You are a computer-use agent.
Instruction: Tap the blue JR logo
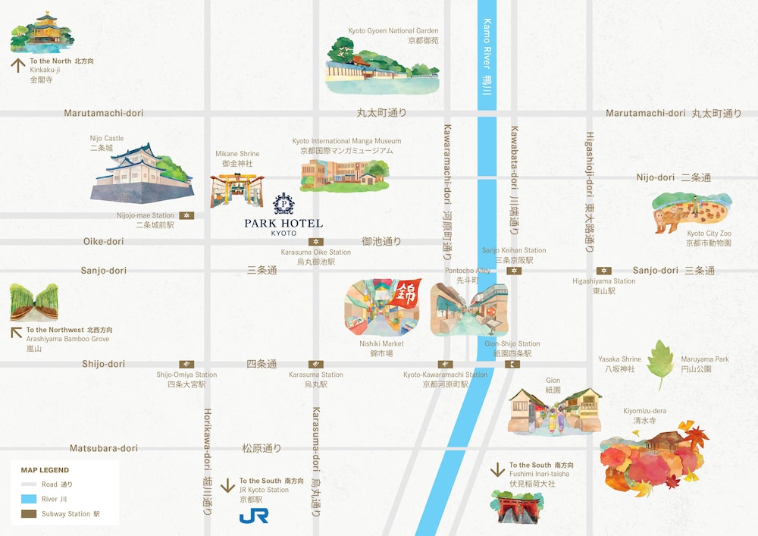click(x=253, y=516)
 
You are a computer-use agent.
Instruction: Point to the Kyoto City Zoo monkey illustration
click(x=692, y=212)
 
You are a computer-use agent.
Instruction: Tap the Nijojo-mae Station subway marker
click(x=186, y=215)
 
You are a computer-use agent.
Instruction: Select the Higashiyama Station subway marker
click(x=603, y=271)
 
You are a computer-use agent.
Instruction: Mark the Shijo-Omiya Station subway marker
click(x=186, y=364)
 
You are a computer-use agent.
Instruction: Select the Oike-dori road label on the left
click(x=103, y=241)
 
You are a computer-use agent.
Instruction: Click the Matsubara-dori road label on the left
click(x=104, y=448)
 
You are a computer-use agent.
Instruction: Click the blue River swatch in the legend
click(x=29, y=499)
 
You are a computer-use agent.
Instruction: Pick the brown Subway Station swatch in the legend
click(x=29, y=514)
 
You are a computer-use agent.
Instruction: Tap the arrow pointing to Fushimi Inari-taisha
click(x=497, y=469)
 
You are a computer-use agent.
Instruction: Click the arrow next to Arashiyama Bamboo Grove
click(x=16, y=332)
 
